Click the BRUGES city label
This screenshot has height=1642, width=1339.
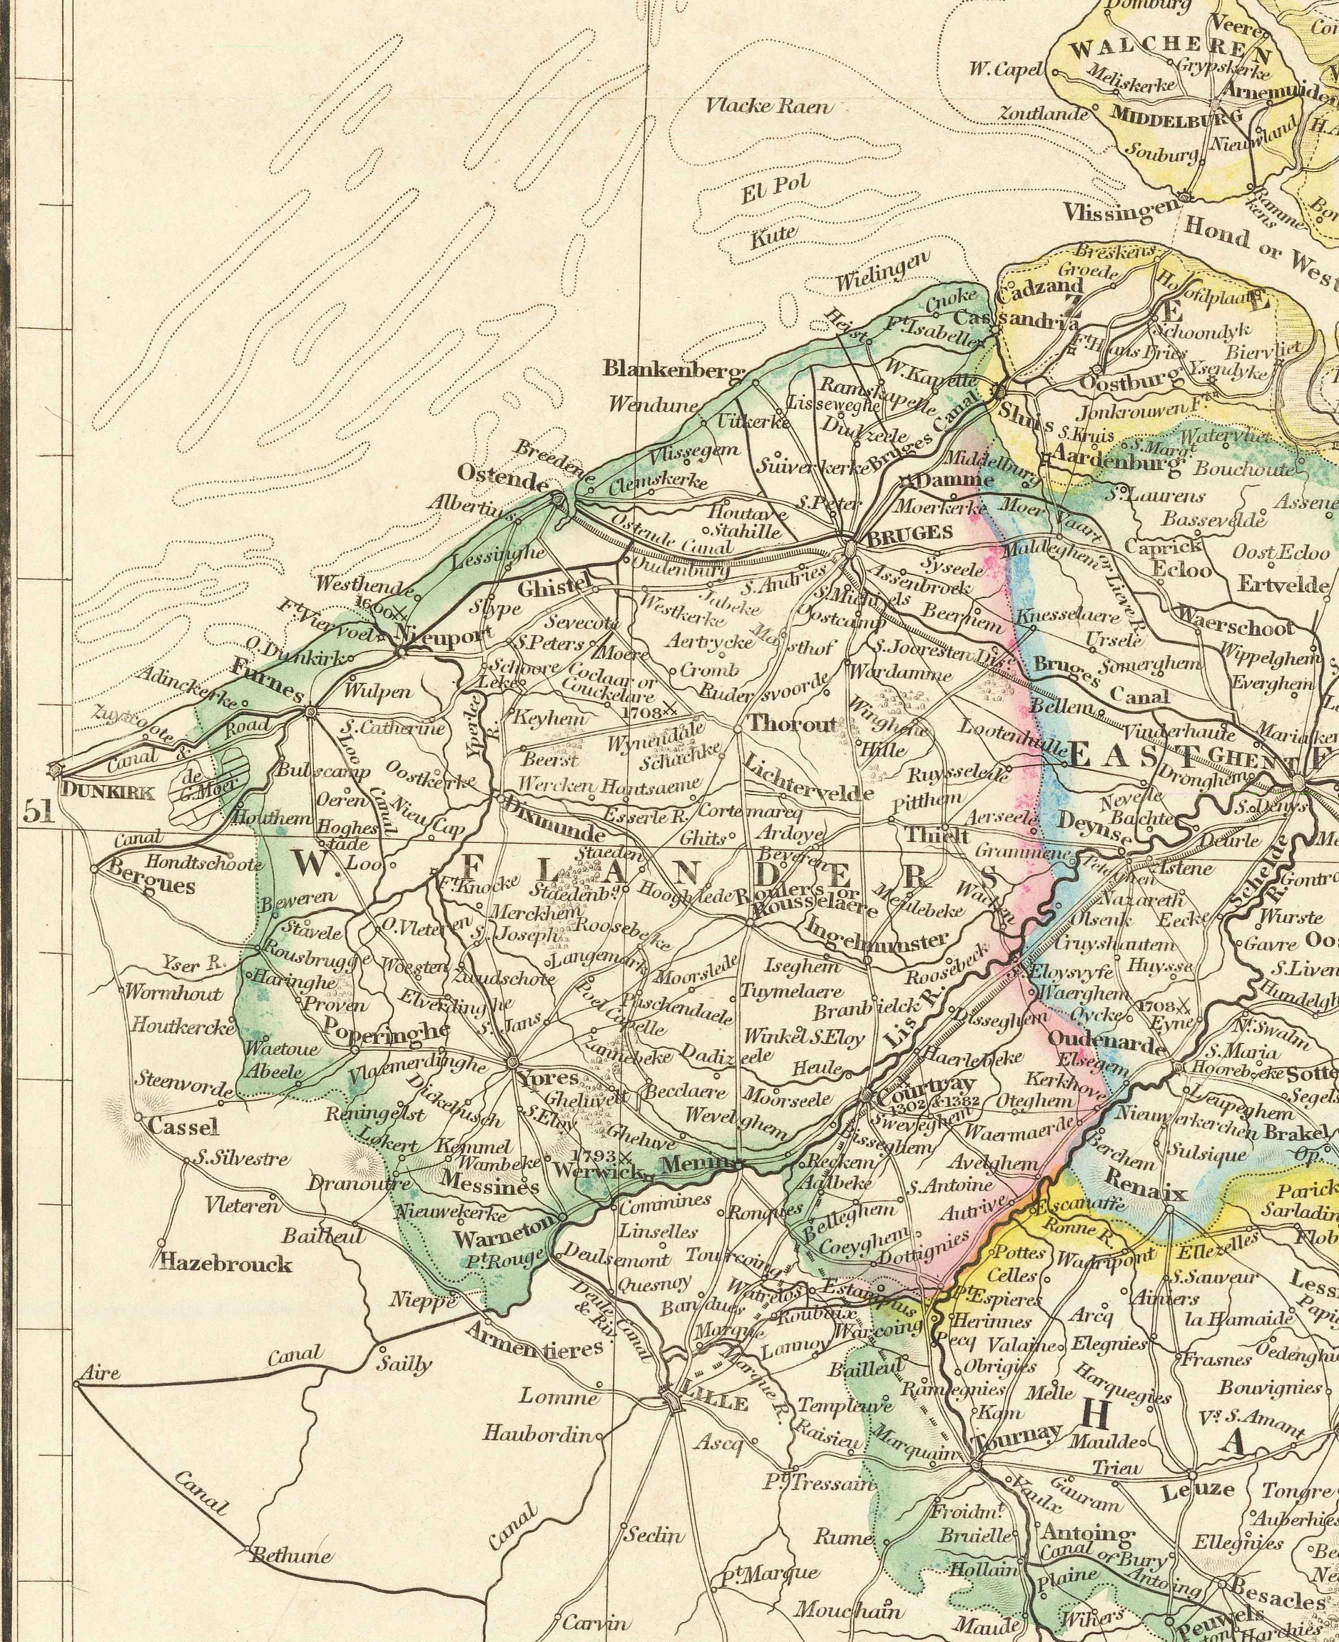[910, 533]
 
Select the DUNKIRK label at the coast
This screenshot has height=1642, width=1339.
[107, 791]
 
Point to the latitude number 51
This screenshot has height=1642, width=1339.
[39, 812]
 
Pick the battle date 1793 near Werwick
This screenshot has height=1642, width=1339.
[596, 1156]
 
